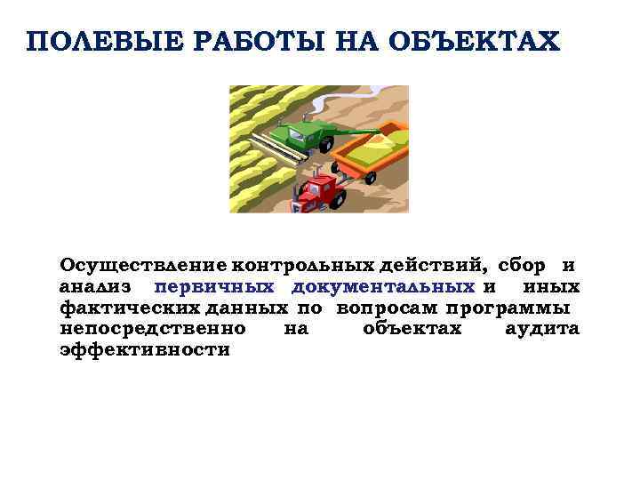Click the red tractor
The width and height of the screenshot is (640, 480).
click(319, 188)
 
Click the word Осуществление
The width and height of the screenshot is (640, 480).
click(143, 265)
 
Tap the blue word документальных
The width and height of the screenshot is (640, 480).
click(382, 286)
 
